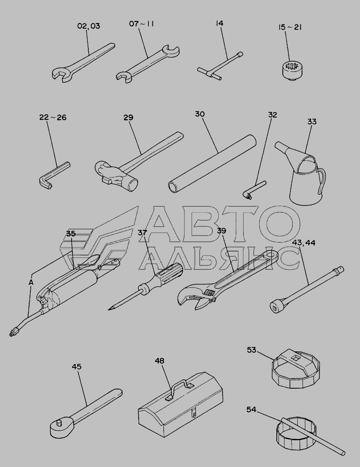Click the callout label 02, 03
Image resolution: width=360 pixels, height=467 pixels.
point(88,26)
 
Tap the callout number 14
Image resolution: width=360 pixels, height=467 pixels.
point(219,23)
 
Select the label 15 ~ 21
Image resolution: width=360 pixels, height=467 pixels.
point(290,27)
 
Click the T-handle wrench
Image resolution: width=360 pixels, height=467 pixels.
point(220,67)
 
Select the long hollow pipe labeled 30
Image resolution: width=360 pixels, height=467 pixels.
point(212,164)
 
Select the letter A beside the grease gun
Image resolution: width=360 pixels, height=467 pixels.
point(31,282)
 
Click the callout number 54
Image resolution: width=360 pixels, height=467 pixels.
point(251,410)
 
